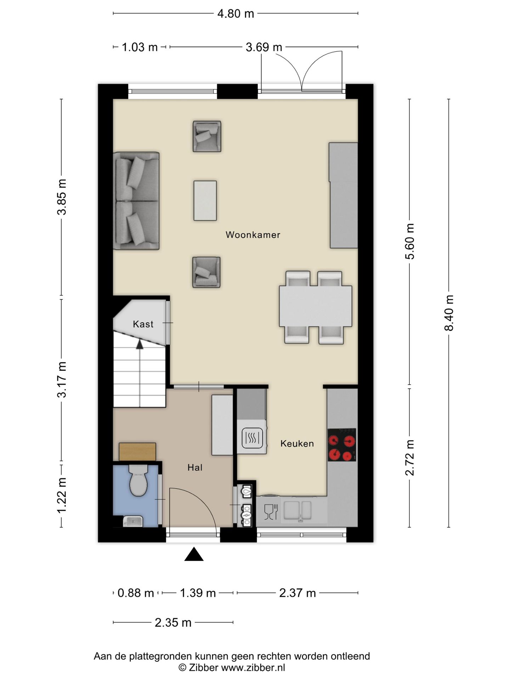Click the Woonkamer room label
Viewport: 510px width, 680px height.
(x=253, y=235)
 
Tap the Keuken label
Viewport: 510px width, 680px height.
(x=297, y=443)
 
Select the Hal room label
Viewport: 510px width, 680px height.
(x=195, y=467)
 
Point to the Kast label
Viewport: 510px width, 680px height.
(x=143, y=324)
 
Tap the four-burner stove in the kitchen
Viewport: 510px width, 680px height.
(x=342, y=445)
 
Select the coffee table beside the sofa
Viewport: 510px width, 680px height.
(x=205, y=200)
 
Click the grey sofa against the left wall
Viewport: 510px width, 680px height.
(x=136, y=201)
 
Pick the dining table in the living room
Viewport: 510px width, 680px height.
(x=316, y=306)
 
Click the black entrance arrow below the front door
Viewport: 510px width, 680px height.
(x=194, y=554)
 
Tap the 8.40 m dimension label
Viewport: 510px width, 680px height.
(x=449, y=313)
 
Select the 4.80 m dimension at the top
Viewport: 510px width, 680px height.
(x=236, y=13)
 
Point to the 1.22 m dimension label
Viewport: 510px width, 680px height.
(x=62, y=495)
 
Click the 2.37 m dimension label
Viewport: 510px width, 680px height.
(x=297, y=593)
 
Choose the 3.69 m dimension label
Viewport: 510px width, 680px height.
(x=264, y=47)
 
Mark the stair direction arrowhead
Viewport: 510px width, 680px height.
(x=140, y=344)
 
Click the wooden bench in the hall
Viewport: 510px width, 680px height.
(x=137, y=452)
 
